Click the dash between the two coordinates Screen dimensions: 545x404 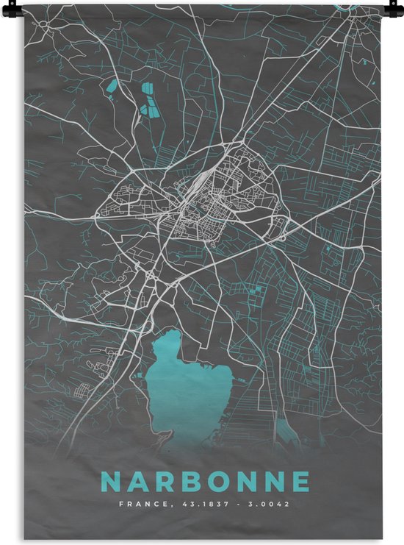coord(231,505)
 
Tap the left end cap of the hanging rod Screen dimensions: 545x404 coord(17,7)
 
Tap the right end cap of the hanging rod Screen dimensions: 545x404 coord(387,7)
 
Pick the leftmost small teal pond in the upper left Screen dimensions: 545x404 coord(112,90)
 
